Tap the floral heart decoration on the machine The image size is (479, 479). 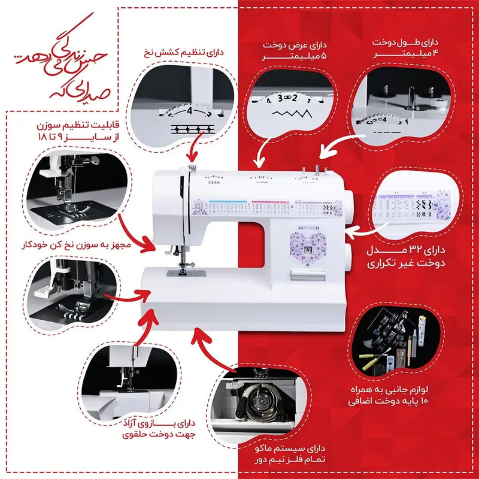click(x=307, y=247)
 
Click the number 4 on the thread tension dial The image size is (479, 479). click(x=189, y=111)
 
